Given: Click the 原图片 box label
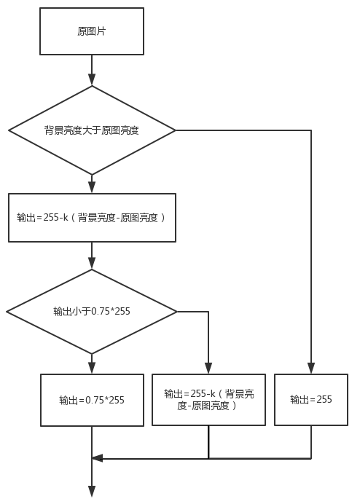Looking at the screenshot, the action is coord(92,31).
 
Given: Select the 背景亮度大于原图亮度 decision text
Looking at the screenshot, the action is coord(92,130).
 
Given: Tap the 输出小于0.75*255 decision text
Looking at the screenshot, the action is coord(92,311).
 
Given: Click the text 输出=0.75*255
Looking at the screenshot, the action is coord(92,400).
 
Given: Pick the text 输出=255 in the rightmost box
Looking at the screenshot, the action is coord(311,399).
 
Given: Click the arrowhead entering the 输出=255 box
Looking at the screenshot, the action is coord(311,369).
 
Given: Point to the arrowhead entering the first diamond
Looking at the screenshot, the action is coord(92,79).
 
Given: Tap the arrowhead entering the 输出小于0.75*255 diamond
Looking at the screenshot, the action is coord(92,263).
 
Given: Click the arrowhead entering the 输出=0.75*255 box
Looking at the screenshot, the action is coord(92,369).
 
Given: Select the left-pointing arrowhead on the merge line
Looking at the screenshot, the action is coord(97,458).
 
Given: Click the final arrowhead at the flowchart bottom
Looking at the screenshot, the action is coord(92,492).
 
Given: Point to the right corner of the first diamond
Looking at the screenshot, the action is coord(176,130).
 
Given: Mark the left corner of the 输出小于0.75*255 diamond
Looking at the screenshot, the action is coord(7,312).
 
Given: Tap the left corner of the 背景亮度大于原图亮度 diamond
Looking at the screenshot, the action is coord(8,130).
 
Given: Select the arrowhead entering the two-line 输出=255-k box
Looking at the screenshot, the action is coord(208,369).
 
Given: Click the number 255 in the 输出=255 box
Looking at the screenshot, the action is coord(324,399).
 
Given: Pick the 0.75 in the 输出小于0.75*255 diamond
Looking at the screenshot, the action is coord(101,311).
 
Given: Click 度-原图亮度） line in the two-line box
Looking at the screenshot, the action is coord(207,406).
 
